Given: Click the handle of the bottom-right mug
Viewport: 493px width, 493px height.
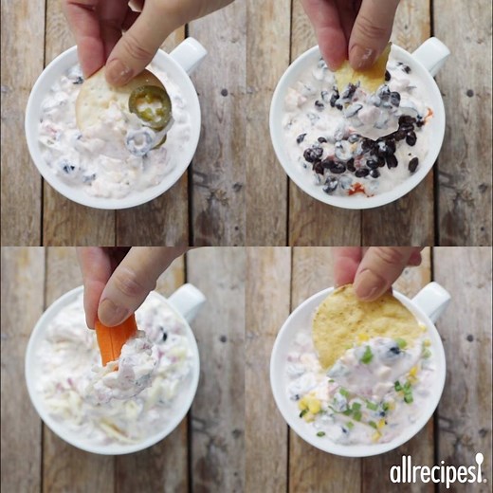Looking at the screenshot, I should click(432, 301).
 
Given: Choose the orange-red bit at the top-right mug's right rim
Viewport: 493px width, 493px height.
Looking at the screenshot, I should click(429, 112).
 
